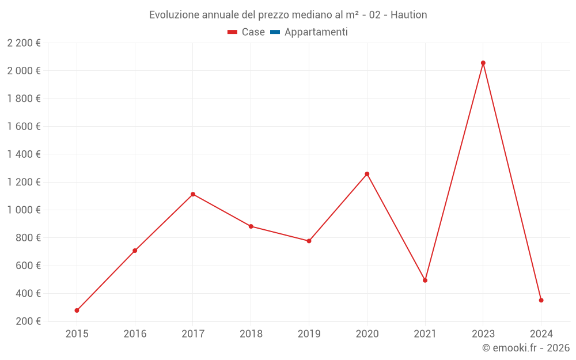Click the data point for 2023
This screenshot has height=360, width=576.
click(483, 63)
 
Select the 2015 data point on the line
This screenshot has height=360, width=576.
click(77, 310)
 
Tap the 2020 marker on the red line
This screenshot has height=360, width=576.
click(367, 174)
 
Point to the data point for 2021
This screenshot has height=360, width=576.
click(425, 281)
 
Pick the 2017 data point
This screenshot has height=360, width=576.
click(193, 194)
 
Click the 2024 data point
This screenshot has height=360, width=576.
click(541, 300)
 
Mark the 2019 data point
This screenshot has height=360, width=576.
click(309, 241)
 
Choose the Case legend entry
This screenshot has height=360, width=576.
click(246, 32)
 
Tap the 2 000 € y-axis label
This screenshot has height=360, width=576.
click(24, 71)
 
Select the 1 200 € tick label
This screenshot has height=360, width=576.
click(24, 182)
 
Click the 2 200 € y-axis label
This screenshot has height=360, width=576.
click(24, 43)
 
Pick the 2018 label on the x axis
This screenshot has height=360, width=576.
click(251, 334)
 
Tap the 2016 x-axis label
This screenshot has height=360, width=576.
click(135, 334)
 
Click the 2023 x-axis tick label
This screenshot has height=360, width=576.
click(483, 334)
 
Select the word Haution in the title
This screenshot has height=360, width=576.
click(408, 15)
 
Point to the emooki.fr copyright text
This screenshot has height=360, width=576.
click(526, 348)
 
